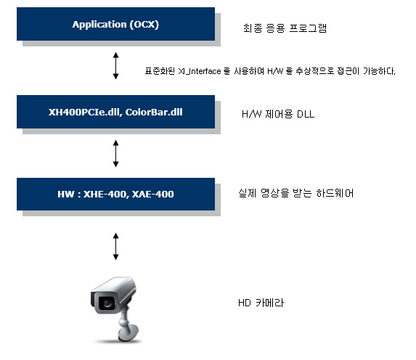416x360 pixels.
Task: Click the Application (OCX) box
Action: [115, 24]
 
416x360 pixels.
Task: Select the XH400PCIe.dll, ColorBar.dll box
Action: [115, 112]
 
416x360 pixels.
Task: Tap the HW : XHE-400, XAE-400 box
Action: [115, 195]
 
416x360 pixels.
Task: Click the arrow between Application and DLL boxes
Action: [115, 65]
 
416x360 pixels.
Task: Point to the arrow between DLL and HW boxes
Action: [115, 153]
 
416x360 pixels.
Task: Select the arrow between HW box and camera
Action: [115, 246]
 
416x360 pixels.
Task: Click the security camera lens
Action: [107, 303]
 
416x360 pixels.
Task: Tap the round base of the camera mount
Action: [129, 334]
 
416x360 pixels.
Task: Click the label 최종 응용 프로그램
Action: [285, 28]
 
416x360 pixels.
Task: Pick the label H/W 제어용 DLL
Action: [278, 114]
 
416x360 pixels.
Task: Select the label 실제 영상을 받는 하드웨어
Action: [295, 193]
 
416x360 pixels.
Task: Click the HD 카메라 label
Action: [261, 303]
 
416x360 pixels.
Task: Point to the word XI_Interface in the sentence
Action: [200, 71]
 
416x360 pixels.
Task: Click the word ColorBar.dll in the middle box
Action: [154, 112]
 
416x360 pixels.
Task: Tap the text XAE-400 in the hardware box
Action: [152, 195]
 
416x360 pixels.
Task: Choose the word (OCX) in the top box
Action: [144, 25]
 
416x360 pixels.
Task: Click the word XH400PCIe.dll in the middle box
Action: [85, 112]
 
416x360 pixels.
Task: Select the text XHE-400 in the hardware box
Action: [106, 195]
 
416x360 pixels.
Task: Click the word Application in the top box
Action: [99, 25]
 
